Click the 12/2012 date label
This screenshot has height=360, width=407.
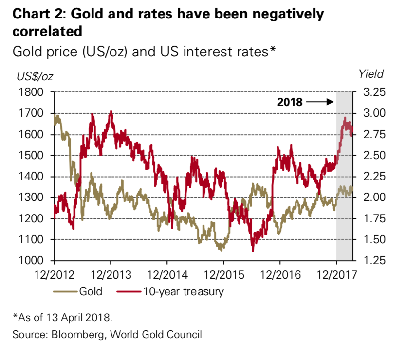(54, 275)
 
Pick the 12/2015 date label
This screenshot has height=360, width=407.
(223, 275)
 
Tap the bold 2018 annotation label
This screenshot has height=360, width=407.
(290, 102)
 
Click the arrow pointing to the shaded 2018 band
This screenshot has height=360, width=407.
(320, 102)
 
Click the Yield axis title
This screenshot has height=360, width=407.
(371, 74)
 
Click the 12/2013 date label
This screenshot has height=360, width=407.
(111, 275)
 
